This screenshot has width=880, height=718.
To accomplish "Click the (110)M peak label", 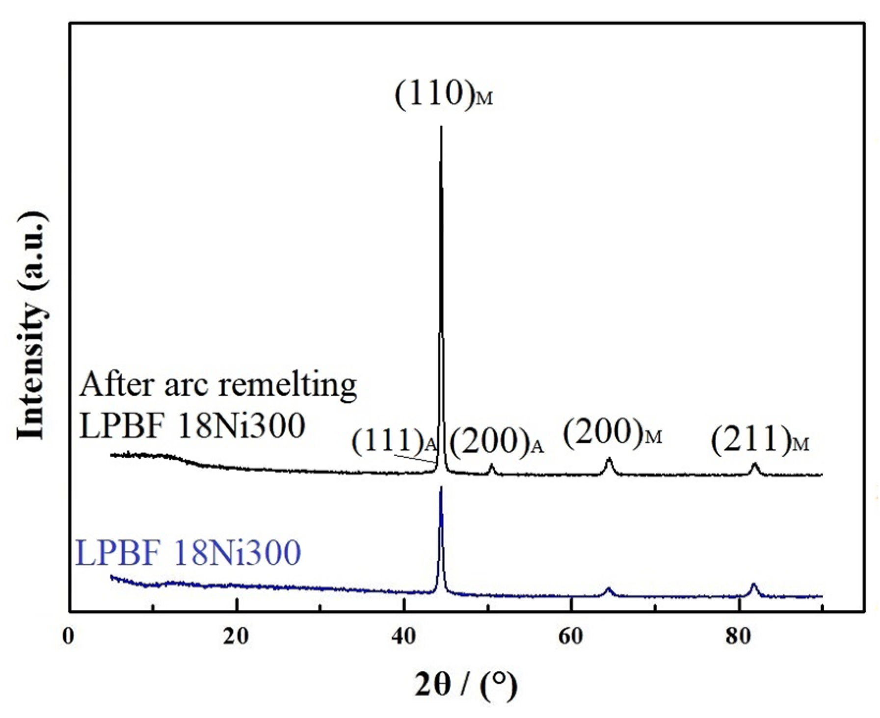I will (443, 94).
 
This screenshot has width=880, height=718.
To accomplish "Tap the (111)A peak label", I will (394, 442).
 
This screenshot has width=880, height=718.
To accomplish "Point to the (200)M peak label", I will (612, 433).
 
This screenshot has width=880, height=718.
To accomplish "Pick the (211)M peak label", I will (760, 440).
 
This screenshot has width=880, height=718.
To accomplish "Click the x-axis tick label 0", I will (69, 636).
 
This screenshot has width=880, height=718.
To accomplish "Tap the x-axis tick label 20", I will (236, 636).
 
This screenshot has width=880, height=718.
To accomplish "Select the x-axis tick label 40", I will (403, 636).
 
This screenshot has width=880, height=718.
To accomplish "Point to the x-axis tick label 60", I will (571, 636).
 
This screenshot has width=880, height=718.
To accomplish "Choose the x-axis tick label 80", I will (738, 636).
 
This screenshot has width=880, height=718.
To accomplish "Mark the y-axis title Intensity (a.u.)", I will (32, 327).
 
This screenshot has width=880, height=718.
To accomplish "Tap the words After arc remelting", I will (218, 385).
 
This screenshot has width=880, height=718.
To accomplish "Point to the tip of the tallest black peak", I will (441, 127).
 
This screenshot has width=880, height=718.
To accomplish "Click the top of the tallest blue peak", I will (441, 488).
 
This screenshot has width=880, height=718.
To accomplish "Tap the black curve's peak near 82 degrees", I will (755, 464).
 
